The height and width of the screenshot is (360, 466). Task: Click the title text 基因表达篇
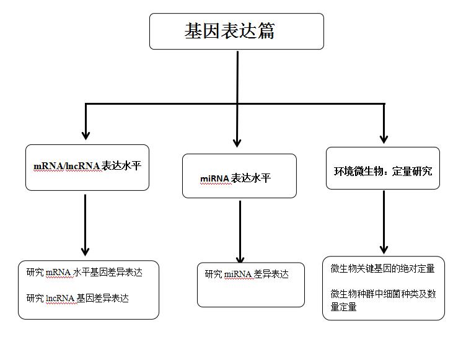coord(229,31)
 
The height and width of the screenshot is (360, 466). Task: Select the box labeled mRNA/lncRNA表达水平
coord(87,168)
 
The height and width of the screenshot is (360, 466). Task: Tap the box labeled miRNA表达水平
coord(239,176)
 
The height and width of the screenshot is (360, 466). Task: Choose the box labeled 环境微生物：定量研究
coord(383,169)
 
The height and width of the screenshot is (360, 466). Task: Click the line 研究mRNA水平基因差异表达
coord(84,272)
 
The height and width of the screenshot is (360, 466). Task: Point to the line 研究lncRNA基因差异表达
coord(77,298)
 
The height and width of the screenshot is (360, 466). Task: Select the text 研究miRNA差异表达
coord(247,274)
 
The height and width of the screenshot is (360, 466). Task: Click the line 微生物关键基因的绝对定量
coord(383,269)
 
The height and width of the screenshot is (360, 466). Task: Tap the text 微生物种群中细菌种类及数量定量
coord(383,301)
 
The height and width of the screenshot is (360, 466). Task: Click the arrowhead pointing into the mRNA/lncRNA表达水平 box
coord(86,136)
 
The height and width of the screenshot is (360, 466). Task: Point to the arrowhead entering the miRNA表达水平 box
coord(237,143)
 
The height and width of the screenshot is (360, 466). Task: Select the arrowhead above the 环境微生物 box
coord(384,139)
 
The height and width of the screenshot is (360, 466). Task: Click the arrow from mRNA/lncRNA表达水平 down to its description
coord(86,226)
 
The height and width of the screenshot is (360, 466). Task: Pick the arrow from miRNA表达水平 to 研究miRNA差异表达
coord(240,232)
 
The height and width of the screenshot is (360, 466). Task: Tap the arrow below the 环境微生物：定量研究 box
coord(384,222)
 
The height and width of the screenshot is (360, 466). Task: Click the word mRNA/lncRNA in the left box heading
coord(67,166)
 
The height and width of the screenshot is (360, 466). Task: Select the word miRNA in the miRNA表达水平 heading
coord(214,178)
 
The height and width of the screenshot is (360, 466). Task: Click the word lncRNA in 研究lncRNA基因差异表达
coord(60,298)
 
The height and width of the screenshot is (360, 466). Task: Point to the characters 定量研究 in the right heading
coord(412,171)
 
